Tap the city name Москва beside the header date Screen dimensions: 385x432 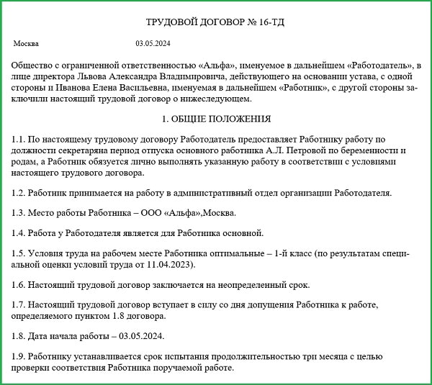pos(26,44)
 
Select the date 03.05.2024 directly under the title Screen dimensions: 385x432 pos(153,44)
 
